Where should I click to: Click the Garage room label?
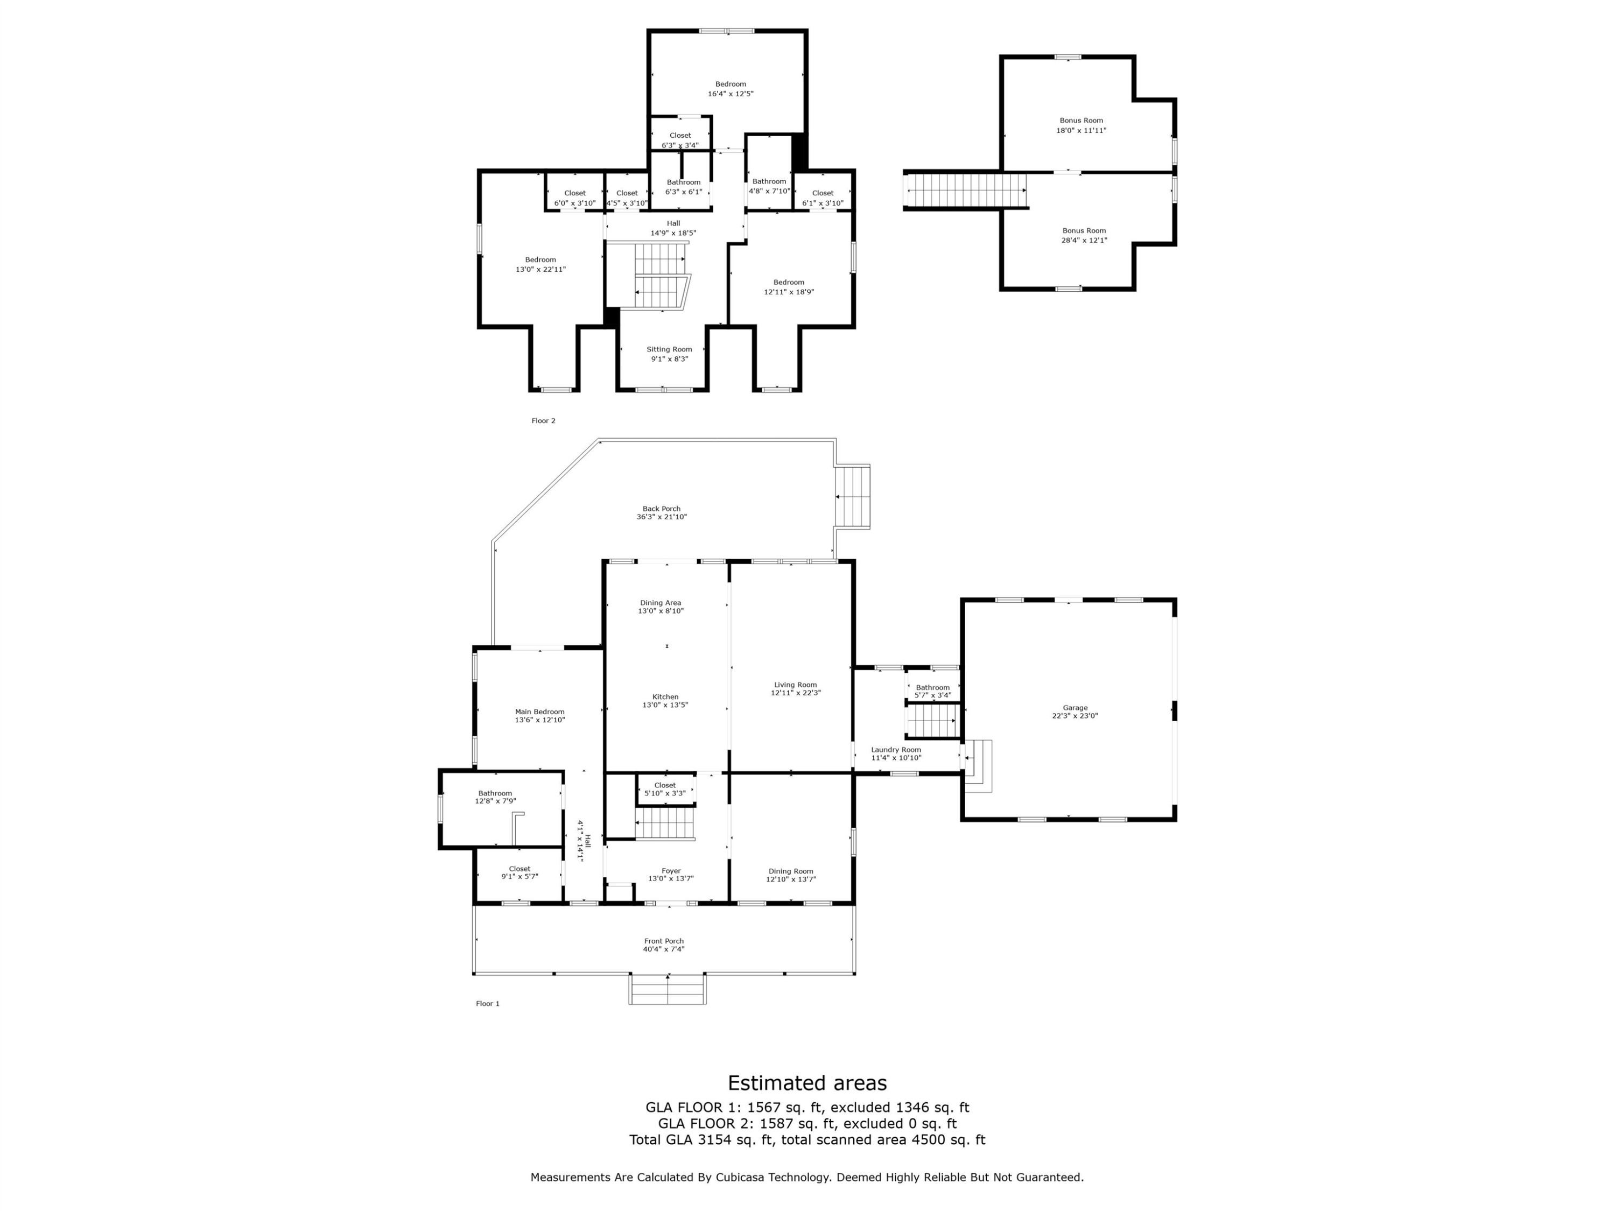coord(1075,707)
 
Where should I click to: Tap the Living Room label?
coord(795,685)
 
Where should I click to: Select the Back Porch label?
coord(662,509)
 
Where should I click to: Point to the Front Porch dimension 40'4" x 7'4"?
coord(664,949)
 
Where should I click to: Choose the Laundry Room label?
coord(896,750)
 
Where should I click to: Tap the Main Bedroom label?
coord(539,712)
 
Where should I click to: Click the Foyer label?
coord(671,871)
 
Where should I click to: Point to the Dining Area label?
coord(661,603)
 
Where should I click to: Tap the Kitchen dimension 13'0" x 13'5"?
coord(665,705)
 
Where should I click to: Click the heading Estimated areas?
coord(807,1082)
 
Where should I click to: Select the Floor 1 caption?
coord(488,1004)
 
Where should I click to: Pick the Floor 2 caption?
coord(543,420)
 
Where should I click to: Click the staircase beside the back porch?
coord(853,496)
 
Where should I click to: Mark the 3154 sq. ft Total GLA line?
coord(807,1139)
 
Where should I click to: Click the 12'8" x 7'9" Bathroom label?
coord(495,797)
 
